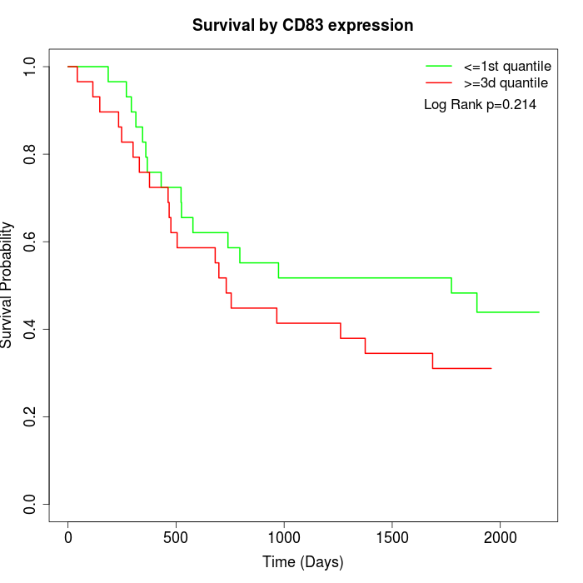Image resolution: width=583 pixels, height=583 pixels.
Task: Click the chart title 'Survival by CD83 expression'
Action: tap(302, 26)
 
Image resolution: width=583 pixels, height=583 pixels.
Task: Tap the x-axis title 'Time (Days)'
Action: tap(302, 562)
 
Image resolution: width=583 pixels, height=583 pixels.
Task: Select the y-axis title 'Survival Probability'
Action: tap(7, 285)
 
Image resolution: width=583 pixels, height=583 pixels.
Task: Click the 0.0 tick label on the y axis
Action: tap(31, 504)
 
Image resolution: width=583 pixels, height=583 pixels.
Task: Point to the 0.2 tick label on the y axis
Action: tap(31, 416)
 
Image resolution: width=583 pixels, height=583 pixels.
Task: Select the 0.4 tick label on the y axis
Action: tap(31, 329)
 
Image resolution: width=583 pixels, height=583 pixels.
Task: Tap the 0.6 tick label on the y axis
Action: tap(31, 242)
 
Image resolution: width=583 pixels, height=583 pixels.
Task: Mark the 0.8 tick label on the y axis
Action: tap(31, 154)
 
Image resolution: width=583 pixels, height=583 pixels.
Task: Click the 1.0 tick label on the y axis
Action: tap(31, 67)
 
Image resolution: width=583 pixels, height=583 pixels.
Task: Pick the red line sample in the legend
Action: tap(439, 82)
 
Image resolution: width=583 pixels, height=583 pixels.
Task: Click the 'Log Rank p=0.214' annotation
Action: tap(480, 105)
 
